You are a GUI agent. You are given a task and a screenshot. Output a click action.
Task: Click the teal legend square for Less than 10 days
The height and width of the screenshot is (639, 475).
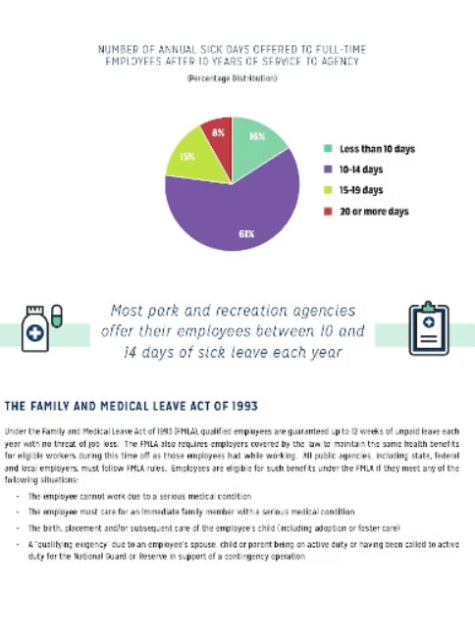(329, 149)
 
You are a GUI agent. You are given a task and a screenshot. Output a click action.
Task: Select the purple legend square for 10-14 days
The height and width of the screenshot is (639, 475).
(329, 170)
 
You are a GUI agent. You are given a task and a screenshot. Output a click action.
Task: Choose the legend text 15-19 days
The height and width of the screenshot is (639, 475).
(361, 190)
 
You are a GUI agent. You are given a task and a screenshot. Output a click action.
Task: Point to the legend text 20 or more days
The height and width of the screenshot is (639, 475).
(374, 211)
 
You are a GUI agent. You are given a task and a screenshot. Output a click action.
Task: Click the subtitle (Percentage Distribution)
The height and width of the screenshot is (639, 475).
(232, 78)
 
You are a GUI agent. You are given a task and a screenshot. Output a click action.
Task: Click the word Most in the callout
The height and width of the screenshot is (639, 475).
(129, 309)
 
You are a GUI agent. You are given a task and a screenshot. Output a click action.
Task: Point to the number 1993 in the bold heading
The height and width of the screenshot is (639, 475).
(241, 405)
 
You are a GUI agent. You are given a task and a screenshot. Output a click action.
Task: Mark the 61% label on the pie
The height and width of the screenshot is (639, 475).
(245, 234)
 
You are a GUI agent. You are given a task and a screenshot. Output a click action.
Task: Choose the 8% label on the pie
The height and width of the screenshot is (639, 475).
(218, 131)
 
